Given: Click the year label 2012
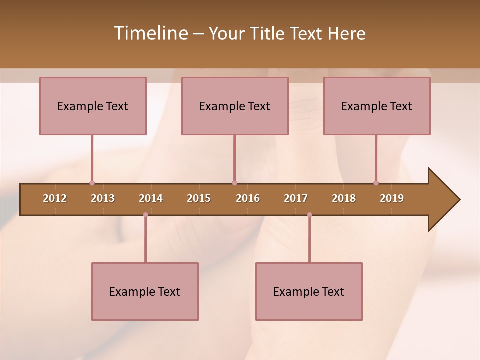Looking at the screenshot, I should pyautogui.click(x=55, y=198).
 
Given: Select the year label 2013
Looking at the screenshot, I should pyautogui.click(x=103, y=198).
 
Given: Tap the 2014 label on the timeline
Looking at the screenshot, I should pyautogui.click(x=151, y=198).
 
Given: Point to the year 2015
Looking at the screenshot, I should pyautogui.click(x=199, y=198).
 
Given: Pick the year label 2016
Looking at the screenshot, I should pyautogui.click(x=248, y=198).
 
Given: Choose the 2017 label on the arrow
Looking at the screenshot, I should pyautogui.click(x=296, y=198).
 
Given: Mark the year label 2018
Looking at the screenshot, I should pyautogui.click(x=344, y=198).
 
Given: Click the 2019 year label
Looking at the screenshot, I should pyautogui.click(x=392, y=198).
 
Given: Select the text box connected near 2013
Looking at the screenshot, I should pyautogui.click(x=93, y=106).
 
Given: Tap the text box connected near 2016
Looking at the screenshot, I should pyautogui.click(x=235, y=106).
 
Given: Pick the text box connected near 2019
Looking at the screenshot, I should pyautogui.click(x=377, y=106).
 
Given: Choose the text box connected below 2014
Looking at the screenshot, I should pyautogui.click(x=145, y=291).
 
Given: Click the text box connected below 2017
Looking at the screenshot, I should pyautogui.click(x=309, y=291).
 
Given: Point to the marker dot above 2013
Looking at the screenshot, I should pyautogui.click(x=92, y=183).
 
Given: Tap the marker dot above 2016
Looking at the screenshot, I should pyautogui.click(x=234, y=183).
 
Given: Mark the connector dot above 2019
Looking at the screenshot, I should pyautogui.click(x=376, y=183).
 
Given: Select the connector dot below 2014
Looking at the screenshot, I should pyautogui.click(x=145, y=215).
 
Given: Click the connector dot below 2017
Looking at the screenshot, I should pyautogui.click(x=309, y=215).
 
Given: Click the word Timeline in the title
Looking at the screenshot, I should pyautogui.click(x=149, y=33).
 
